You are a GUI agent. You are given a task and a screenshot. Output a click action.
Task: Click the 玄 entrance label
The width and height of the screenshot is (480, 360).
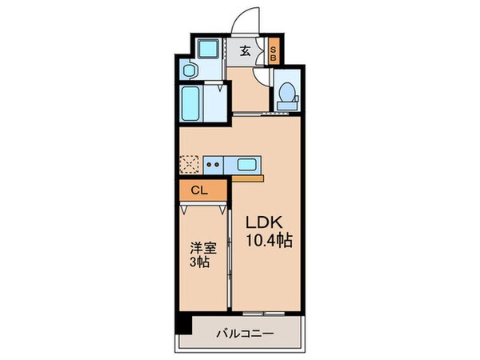click(x=245, y=51)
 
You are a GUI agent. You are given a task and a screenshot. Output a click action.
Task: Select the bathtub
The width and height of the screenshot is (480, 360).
click(x=192, y=104)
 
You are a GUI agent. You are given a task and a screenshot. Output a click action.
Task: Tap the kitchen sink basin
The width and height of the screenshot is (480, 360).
click(x=247, y=166)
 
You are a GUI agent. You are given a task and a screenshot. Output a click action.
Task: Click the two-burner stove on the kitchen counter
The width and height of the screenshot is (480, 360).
click(x=214, y=166)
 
